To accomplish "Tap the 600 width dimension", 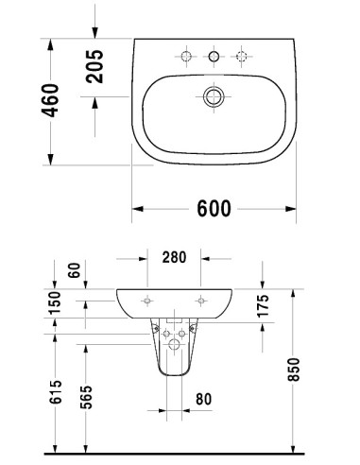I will (214, 210).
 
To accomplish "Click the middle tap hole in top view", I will (214, 58).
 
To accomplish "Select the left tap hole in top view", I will (187, 58).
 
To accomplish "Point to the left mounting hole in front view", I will (147, 301).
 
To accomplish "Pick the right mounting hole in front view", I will (201, 301).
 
